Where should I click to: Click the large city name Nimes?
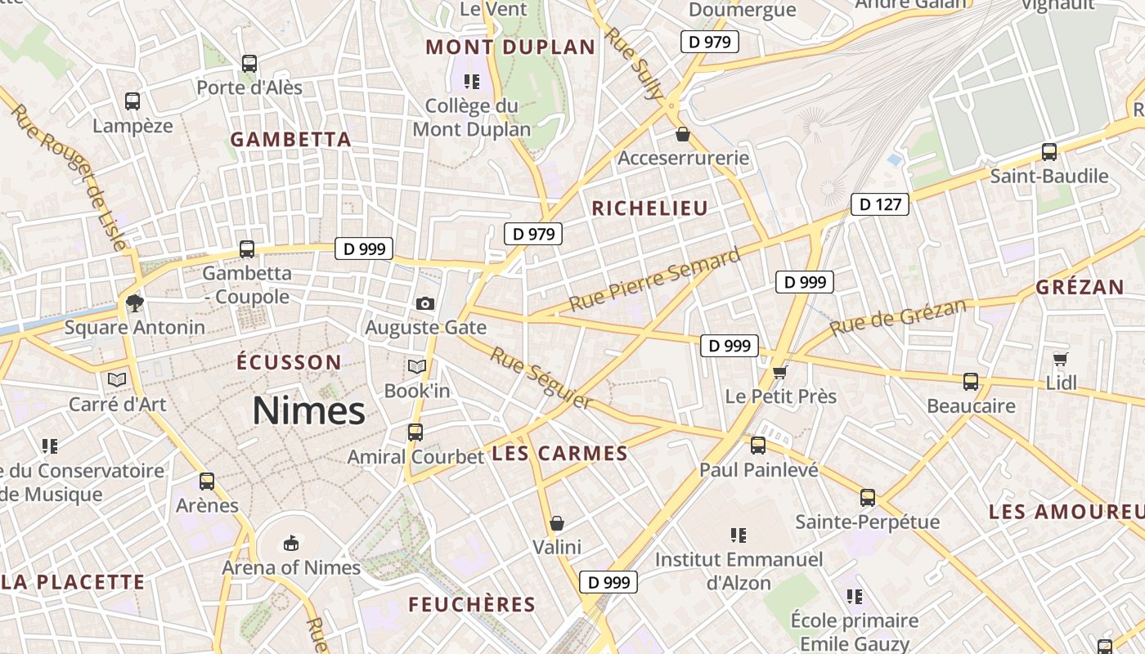pyautogui.click(x=308, y=410)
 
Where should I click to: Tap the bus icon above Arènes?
pyautogui.click(x=207, y=482)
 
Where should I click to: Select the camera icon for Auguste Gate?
pyautogui.click(x=424, y=304)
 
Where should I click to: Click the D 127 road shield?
pyautogui.click(x=880, y=204)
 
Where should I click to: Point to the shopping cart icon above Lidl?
pyautogui.click(x=1061, y=359)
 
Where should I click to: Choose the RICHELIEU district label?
pyautogui.click(x=649, y=208)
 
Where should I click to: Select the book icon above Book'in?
pyautogui.click(x=417, y=367)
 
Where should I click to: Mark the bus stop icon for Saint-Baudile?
pyautogui.click(x=1048, y=152)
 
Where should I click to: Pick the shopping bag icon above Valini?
pyautogui.click(x=557, y=523)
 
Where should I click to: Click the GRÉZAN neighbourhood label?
pyautogui.click(x=1080, y=287)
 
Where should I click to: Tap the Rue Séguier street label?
pyautogui.click(x=541, y=378)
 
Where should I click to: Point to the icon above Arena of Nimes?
pyautogui.click(x=290, y=543)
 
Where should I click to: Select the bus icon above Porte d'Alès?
pyautogui.click(x=249, y=63)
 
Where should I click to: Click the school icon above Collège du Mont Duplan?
pyautogui.click(x=471, y=81)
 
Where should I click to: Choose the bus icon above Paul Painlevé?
pyautogui.click(x=758, y=446)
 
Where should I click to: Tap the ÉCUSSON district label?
pyautogui.click(x=289, y=362)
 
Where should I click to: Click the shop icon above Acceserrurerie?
pyautogui.click(x=682, y=134)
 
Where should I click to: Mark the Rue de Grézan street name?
pyautogui.click(x=897, y=317)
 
